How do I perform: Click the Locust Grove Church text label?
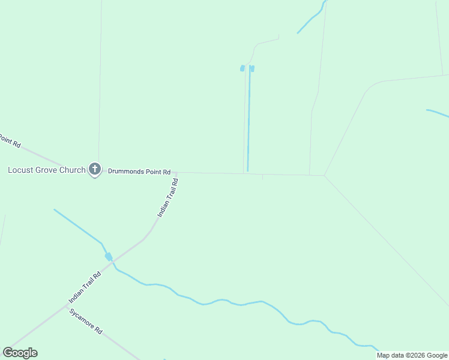46,170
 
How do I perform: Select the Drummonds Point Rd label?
139,172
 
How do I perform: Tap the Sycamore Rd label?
86,322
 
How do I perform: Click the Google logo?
20,353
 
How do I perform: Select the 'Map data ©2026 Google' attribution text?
412,355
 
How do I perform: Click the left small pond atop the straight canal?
243,68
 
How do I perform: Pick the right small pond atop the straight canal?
252,68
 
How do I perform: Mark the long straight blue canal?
249,120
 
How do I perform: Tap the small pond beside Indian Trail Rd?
109,257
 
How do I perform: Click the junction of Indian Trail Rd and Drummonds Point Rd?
176,173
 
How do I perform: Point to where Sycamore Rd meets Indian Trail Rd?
64,305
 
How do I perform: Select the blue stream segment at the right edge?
438,113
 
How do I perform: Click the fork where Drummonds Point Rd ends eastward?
325,176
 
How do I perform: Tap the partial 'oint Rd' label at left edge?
10,142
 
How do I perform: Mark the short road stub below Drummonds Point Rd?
262,177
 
